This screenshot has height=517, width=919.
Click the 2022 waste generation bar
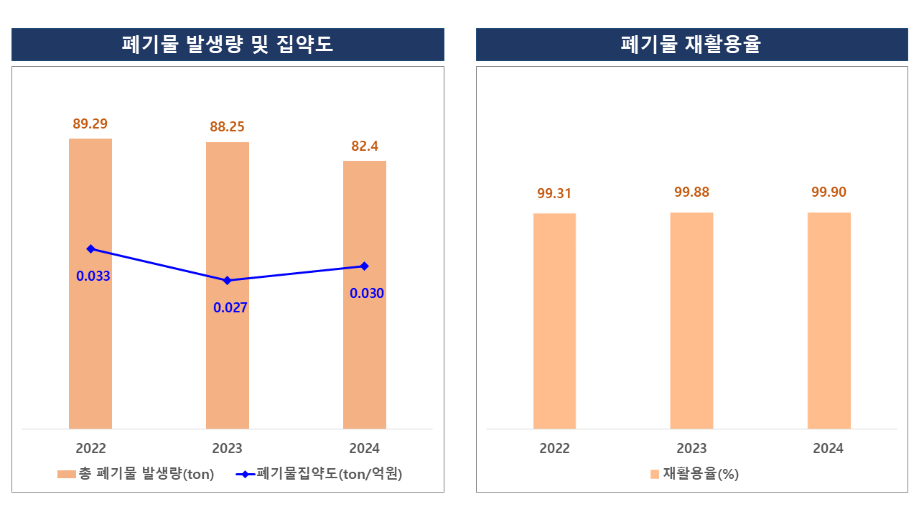coord(90,345)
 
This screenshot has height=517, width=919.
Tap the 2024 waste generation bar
coord(365,359)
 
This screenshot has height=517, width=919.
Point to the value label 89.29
coord(90,124)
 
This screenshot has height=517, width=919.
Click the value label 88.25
coord(228,127)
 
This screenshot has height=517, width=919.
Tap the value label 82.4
coord(365,146)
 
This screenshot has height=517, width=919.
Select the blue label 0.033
coord(93,276)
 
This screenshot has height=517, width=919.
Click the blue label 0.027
coord(230,308)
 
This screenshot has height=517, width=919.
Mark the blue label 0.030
coord(367,293)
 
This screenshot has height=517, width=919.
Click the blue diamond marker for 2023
coord(228,280)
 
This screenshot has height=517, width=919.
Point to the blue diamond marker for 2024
coord(365,266)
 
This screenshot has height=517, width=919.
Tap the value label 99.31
coord(554,193)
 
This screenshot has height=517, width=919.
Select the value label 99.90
coord(829,192)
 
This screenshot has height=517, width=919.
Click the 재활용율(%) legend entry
coord(694,474)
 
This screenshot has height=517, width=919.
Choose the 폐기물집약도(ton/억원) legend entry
coord(319,474)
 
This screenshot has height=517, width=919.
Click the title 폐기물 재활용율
coord(691,45)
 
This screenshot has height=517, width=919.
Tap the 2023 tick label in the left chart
coord(228,449)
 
